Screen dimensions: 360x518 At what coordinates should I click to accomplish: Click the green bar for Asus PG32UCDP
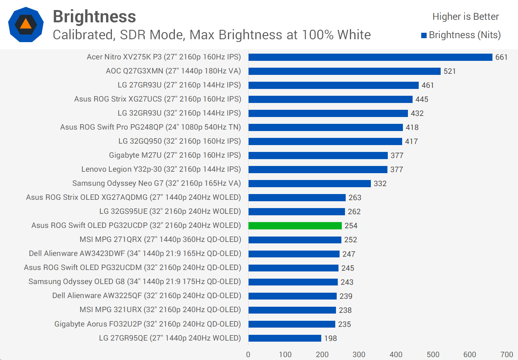[x=295, y=226]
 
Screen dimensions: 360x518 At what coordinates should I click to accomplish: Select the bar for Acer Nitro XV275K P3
[x=370, y=57]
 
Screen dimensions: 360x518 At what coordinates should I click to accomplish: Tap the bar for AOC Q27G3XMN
[x=344, y=71]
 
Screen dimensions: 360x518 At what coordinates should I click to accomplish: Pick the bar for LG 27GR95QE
[x=285, y=338]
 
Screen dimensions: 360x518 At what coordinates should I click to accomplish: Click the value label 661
[x=501, y=57]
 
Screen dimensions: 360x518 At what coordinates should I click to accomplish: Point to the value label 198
[x=330, y=338]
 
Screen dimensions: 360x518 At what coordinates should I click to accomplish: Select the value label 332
[x=380, y=184]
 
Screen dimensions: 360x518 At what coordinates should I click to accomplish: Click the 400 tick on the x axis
[x=396, y=355]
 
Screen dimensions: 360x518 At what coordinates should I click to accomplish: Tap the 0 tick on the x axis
[x=248, y=355]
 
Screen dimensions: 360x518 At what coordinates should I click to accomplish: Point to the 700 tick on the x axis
[x=506, y=355]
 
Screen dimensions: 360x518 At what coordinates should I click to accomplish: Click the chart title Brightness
[x=94, y=17]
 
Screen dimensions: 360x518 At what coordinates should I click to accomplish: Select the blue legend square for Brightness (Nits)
[x=424, y=35]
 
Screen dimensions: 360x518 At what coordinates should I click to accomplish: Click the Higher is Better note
[x=465, y=17]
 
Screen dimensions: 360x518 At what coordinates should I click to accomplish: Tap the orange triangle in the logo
[x=26, y=24]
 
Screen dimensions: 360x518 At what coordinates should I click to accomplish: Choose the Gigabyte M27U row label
[x=175, y=155]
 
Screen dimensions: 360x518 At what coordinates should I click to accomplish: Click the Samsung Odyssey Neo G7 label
[x=156, y=183]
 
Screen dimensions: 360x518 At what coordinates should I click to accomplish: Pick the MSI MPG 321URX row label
[x=160, y=310]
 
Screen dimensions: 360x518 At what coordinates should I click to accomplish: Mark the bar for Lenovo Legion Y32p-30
[x=318, y=170]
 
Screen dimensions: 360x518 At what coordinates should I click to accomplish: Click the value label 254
[x=351, y=226]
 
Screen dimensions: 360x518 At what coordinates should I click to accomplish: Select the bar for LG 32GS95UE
[x=296, y=212]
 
